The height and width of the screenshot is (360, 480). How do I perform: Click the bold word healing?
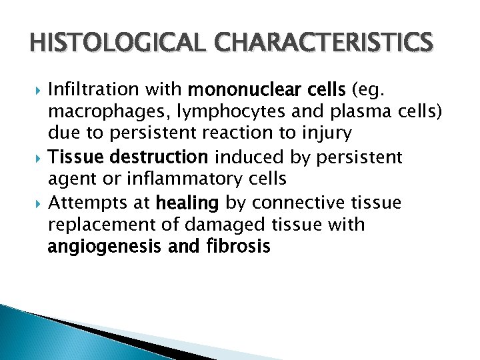(188, 202)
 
